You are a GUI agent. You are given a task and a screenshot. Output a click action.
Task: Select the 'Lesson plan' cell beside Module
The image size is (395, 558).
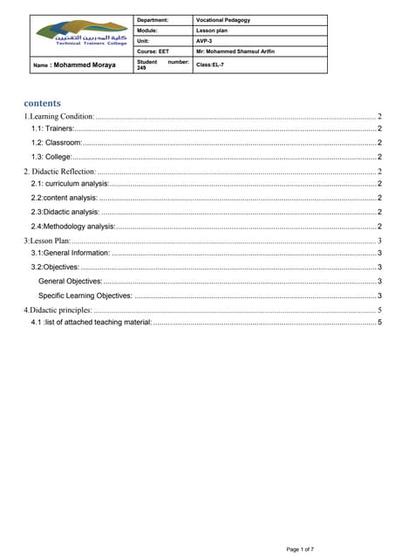point(213,31)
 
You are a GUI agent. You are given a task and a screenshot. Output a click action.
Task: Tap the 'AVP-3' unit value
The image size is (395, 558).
point(206,41)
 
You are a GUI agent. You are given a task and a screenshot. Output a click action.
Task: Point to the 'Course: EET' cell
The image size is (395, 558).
point(153,52)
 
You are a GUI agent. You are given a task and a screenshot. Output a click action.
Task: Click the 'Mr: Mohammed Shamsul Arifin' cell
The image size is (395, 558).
point(235,52)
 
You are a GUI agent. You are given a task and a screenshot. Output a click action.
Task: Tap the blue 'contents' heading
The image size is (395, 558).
point(42,102)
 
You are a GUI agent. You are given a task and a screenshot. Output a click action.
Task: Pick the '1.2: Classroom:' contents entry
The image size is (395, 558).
point(57,142)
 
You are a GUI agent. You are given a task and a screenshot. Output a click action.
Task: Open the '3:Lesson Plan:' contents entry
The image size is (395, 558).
point(47,240)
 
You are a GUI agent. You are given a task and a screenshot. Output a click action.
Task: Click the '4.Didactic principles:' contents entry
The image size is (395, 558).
point(58,310)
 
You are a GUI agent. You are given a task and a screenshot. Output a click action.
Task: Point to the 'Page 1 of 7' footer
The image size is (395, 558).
point(305,548)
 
